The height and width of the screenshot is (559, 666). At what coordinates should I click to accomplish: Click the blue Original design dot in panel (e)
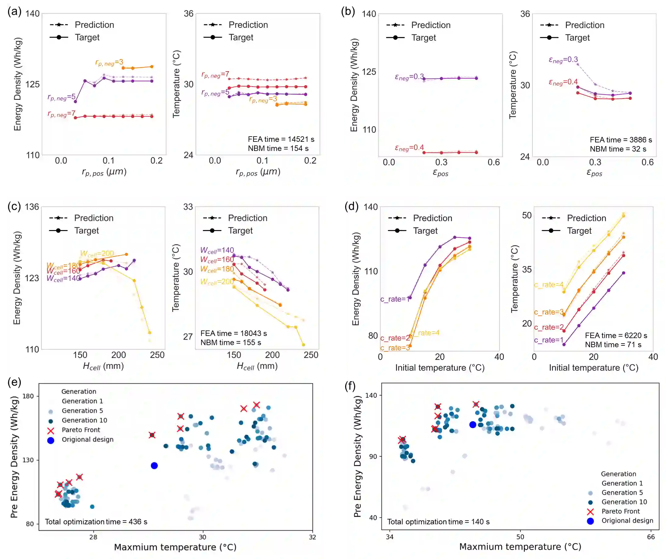point(154,465)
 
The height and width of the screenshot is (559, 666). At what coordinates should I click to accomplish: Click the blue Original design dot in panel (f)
point(472,424)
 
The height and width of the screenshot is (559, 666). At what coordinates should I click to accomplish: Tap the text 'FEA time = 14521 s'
point(281,139)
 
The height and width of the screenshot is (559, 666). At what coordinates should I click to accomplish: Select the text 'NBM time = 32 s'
point(618,149)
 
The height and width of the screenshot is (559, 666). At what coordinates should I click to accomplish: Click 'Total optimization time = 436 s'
point(96,522)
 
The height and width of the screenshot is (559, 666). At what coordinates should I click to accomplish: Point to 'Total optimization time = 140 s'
point(438,522)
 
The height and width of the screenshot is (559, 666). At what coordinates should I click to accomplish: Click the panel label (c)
point(14,207)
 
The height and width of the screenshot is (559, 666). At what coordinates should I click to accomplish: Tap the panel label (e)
point(14,382)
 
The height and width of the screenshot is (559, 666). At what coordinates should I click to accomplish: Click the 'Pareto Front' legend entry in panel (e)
point(81,430)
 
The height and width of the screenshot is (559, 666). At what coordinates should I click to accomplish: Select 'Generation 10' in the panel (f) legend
point(624,502)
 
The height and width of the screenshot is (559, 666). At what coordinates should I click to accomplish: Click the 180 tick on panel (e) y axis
point(28,396)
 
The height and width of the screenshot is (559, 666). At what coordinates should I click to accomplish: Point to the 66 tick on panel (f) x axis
point(651,537)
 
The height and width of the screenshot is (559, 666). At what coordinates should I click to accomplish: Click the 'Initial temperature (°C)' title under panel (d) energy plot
point(440,368)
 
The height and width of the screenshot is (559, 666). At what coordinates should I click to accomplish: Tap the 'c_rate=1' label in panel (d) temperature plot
point(548,340)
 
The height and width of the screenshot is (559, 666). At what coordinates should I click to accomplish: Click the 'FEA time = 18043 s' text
point(234,334)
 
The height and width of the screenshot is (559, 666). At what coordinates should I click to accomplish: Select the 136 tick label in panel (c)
point(32,207)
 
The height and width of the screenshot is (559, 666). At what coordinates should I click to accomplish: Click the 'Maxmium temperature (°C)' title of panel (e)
point(175,547)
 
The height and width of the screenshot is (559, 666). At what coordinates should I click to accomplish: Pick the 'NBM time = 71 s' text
point(613,345)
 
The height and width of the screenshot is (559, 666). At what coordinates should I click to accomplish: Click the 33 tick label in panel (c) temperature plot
point(188,207)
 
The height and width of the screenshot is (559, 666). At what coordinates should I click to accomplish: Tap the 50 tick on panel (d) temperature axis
point(526,215)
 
